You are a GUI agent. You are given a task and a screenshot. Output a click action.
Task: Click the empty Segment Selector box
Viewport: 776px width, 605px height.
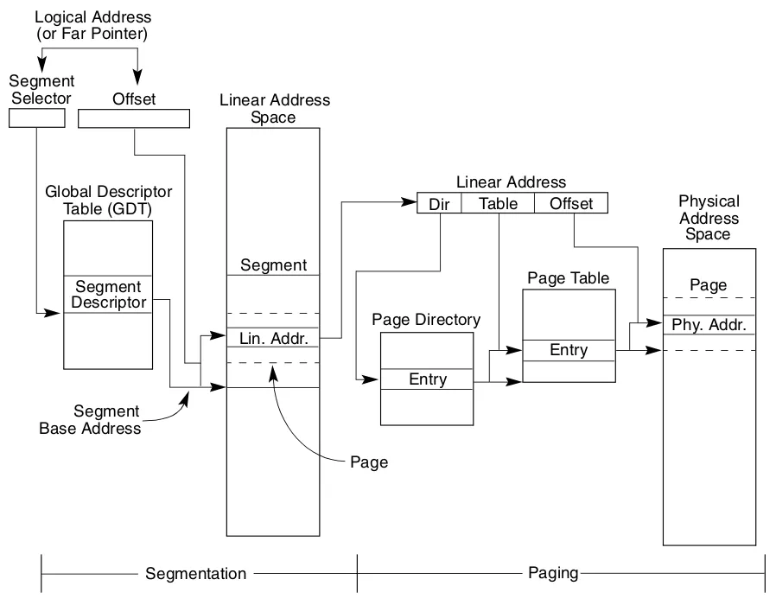37,118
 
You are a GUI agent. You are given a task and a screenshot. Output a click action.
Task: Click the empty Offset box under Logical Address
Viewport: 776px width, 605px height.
134,118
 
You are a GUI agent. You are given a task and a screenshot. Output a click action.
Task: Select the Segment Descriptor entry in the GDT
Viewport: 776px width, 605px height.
108,294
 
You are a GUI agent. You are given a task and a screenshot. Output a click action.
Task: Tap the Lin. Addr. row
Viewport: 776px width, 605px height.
273,338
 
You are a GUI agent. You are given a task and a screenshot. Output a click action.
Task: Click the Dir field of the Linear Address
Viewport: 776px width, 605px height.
440,203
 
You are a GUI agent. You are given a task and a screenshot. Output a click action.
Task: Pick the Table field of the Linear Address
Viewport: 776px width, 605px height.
498,203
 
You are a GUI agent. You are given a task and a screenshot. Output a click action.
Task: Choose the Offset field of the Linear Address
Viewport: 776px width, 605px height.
571,203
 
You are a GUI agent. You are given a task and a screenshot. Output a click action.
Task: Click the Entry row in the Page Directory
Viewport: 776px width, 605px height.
427,379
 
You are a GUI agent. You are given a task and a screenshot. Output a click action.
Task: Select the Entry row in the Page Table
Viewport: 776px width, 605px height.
569,350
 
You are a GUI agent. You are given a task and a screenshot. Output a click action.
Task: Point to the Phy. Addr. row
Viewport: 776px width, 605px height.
709,325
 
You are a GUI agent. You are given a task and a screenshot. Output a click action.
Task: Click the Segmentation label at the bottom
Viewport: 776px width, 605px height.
196,573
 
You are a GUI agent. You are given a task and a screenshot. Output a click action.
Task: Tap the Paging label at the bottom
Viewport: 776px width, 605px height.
553,573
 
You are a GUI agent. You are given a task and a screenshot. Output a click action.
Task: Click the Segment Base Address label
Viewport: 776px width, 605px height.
90,419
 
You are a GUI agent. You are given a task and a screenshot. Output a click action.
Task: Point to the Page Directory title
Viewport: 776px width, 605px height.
426,320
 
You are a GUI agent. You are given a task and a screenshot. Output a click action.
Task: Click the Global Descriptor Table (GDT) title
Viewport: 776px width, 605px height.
108,200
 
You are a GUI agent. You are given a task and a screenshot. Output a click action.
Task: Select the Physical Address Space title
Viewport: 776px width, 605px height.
709,217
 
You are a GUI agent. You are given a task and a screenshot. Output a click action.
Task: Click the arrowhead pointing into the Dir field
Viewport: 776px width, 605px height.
410,201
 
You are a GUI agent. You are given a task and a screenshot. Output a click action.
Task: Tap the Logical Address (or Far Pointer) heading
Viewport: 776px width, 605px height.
92,25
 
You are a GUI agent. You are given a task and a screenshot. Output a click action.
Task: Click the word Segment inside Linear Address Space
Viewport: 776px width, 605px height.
274,264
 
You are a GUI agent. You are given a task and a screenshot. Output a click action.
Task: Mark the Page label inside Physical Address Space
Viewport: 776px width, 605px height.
709,285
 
